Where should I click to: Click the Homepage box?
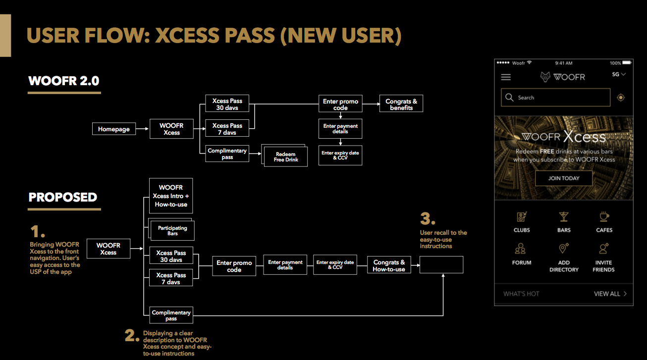(113, 129)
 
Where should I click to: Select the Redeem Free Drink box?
(286, 157)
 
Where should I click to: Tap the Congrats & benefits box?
(401, 104)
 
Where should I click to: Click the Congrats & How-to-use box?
(389, 265)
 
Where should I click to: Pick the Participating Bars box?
(172, 231)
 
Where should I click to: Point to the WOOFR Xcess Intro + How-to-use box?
(171, 196)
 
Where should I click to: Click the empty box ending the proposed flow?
(441, 265)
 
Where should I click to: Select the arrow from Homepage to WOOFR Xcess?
(142, 129)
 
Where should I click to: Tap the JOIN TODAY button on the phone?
(563, 178)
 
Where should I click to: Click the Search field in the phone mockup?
(555, 98)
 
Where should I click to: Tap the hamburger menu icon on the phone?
(506, 77)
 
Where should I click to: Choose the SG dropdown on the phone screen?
(619, 74)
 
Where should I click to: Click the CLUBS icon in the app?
(522, 217)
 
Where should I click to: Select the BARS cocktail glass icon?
(564, 217)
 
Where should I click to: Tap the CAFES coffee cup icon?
(604, 217)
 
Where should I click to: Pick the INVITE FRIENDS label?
(603, 266)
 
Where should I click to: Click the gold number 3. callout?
(428, 219)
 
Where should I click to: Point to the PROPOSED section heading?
(63, 198)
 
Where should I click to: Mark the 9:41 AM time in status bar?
(564, 63)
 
